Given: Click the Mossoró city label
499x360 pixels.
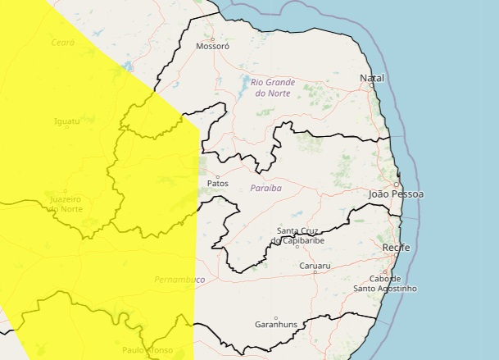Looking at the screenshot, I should (x=213, y=47).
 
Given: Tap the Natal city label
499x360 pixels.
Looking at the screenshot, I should (x=371, y=78).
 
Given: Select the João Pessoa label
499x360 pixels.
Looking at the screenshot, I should (x=397, y=194).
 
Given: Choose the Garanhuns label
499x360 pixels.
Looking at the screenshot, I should (x=276, y=324).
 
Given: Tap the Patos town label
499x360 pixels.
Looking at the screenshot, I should (x=218, y=183).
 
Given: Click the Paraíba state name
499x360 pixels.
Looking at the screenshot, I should (x=265, y=188).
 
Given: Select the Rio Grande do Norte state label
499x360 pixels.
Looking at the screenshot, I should (x=272, y=88).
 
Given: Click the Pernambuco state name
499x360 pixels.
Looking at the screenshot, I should (x=179, y=280).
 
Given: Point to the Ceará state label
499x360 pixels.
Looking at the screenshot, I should (x=62, y=43).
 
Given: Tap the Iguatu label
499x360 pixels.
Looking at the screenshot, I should (x=66, y=121).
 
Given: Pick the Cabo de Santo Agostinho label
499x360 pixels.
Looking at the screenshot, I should (x=384, y=284).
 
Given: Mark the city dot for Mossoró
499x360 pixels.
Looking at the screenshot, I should (x=213, y=39).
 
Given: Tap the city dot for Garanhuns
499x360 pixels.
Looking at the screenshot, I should (x=276, y=317).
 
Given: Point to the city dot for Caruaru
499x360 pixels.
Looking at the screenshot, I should (x=315, y=272).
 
